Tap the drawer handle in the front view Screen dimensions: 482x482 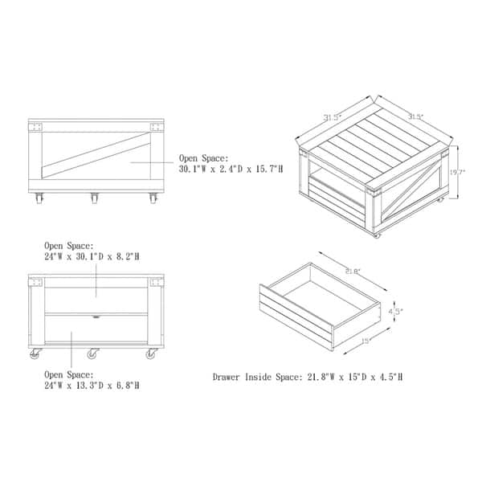click(96, 317)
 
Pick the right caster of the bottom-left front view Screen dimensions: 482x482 click(151, 354)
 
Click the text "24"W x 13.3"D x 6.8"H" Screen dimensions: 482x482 click(92, 385)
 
